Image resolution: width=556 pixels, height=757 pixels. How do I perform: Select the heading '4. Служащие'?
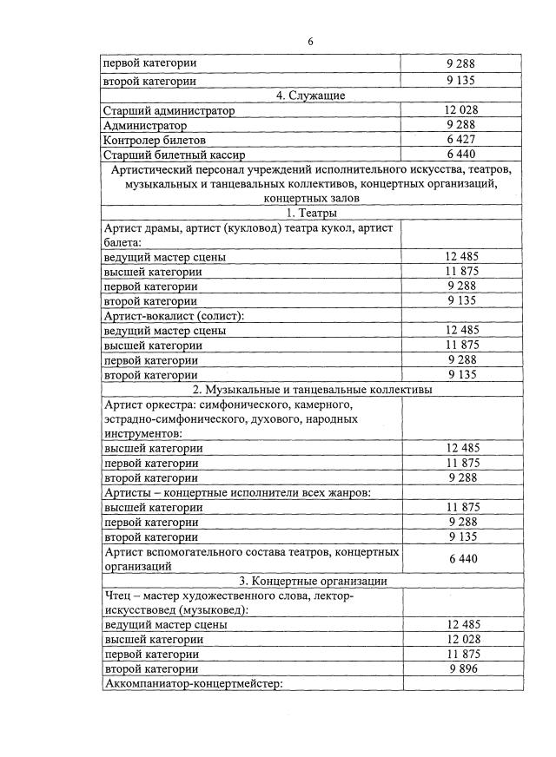point(312,95)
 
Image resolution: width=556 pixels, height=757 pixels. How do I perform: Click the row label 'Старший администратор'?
point(169,110)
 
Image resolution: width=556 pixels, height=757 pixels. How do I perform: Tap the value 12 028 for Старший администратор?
point(461,110)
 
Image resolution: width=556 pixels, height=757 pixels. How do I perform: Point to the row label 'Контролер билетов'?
point(155,140)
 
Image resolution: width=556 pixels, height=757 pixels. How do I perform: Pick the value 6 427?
point(461,140)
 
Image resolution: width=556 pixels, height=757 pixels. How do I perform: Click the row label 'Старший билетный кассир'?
point(168,155)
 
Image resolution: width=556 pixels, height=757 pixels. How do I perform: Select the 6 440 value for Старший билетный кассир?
point(461,155)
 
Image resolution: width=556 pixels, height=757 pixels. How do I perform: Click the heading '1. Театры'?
point(312,213)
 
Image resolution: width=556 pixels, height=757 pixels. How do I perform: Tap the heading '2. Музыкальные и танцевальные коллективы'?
point(312,390)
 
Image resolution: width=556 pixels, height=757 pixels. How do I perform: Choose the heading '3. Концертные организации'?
point(312,581)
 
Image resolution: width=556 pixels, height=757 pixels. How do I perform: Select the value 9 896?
point(461,669)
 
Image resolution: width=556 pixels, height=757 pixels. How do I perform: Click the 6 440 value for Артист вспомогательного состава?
point(461,558)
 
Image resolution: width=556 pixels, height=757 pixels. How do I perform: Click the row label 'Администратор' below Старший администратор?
point(144,125)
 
